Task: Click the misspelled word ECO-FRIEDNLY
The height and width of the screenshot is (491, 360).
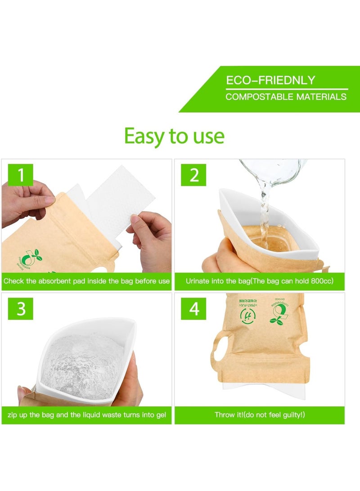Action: [270, 81]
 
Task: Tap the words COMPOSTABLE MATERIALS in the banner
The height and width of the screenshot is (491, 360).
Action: [286, 97]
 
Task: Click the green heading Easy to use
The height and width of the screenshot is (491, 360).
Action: [174, 135]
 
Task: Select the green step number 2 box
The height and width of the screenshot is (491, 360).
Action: [194, 175]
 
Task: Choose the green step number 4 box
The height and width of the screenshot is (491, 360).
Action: [194, 309]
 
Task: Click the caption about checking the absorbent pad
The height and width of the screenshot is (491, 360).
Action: [86, 281]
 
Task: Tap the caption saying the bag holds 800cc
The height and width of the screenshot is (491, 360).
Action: [259, 281]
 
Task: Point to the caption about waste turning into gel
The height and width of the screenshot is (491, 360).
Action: [86, 415]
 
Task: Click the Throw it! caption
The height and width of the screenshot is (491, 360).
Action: [259, 415]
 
